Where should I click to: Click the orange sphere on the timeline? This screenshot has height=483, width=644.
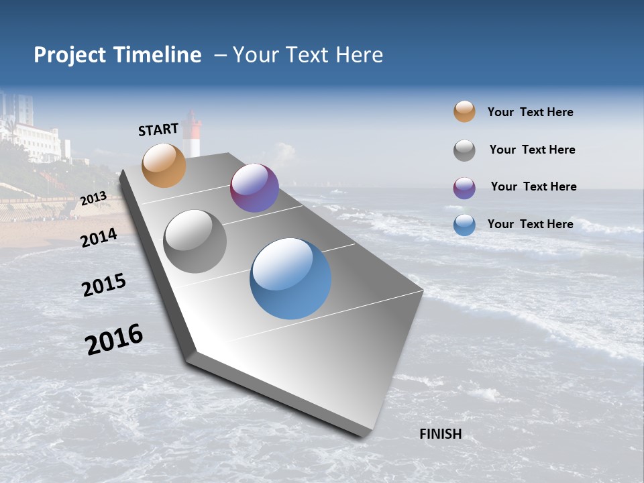pyautogui.click(x=164, y=165)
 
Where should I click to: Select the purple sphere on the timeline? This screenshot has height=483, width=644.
pyautogui.click(x=254, y=188)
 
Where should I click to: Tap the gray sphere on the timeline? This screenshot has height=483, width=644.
pyautogui.click(x=195, y=241)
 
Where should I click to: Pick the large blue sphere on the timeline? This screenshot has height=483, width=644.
pyautogui.click(x=290, y=278)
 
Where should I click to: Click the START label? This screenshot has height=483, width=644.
pyautogui.click(x=158, y=129)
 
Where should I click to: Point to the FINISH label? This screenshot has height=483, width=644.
pyautogui.click(x=440, y=434)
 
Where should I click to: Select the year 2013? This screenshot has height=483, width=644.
pyautogui.click(x=93, y=199)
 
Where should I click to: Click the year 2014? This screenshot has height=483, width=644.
pyautogui.click(x=99, y=237)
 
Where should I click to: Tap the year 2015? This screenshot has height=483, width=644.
pyautogui.click(x=104, y=285)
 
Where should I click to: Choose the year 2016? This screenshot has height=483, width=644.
pyautogui.click(x=114, y=339)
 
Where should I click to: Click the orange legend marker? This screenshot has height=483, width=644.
pyautogui.click(x=464, y=111)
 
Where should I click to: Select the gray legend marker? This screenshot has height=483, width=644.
pyautogui.click(x=464, y=150)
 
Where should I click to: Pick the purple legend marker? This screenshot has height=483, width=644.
pyautogui.click(x=464, y=188)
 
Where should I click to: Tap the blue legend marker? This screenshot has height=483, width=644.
pyautogui.click(x=464, y=225)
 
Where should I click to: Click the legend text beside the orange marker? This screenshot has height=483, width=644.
pyautogui.click(x=530, y=112)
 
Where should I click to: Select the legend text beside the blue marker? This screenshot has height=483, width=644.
pyautogui.click(x=530, y=224)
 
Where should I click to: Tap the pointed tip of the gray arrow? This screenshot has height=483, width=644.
pyautogui.click(x=366, y=435)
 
